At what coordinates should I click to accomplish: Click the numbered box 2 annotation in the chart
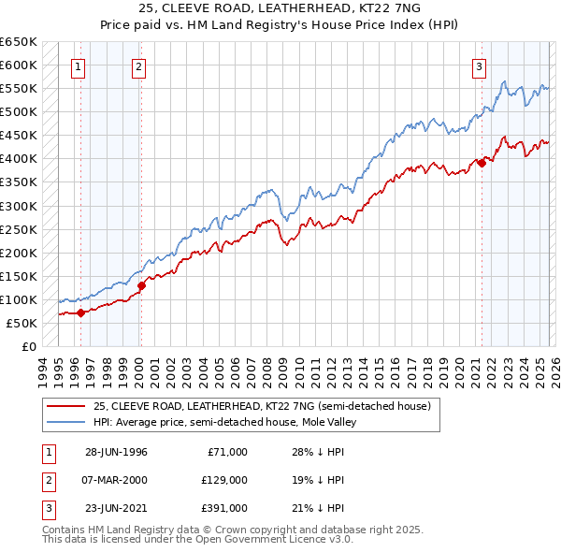[137, 66]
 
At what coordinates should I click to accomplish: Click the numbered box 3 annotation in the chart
[479, 66]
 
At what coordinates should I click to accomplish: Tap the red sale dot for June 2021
[482, 163]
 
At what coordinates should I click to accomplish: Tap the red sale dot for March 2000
[141, 285]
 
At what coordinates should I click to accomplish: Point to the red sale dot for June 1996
[80, 313]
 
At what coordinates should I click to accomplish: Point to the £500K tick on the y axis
[19, 112]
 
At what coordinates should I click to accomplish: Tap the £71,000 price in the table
[225, 452]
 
